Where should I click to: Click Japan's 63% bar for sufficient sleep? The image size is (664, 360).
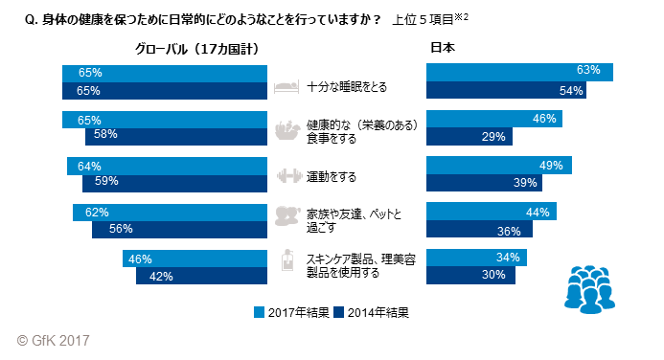[x=519, y=71]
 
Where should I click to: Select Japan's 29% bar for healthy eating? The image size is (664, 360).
[x=469, y=137]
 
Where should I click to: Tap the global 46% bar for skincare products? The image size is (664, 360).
[x=195, y=259]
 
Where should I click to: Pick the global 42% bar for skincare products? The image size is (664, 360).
[x=201, y=276]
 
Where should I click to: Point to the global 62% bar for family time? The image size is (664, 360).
[x=170, y=213]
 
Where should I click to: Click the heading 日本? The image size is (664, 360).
[x=443, y=47]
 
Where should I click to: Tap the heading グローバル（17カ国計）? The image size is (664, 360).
[x=197, y=47]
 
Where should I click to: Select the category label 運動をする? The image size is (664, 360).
[x=332, y=176]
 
